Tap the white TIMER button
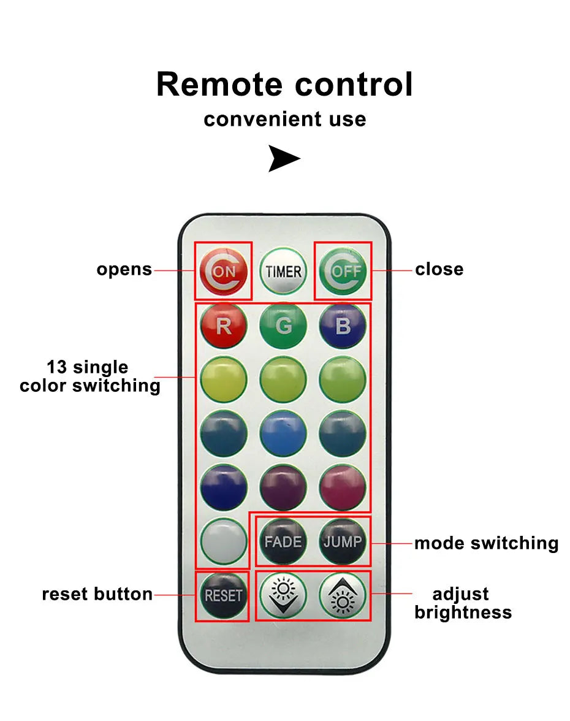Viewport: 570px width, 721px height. pyautogui.click(x=283, y=271)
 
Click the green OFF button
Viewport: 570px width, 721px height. pyautogui.click(x=343, y=271)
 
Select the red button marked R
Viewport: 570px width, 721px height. pyautogui.click(x=224, y=326)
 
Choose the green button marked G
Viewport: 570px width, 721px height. pyautogui.click(x=283, y=326)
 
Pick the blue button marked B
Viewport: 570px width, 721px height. pyautogui.click(x=343, y=326)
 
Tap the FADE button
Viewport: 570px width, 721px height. pyautogui.click(x=283, y=541)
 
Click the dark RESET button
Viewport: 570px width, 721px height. pyautogui.click(x=224, y=595)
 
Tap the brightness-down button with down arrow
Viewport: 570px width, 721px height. pyautogui.click(x=283, y=595)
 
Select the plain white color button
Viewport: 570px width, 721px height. pyautogui.click(x=224, y=541)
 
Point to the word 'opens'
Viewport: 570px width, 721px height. pyautogui.click(x=124, y=269)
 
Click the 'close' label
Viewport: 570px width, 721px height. pyautogui.click(x=439, y=269)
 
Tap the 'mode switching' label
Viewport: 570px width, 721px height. pyautogui.click(x=486, y=543)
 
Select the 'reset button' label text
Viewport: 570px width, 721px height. pyautogui.click(x=97, y=594)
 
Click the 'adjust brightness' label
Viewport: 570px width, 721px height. pyautogui.click(x=462, y=603)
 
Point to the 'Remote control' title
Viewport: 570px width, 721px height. pyautogui.click(x=284, y=84)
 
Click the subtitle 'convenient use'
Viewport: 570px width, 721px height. pyautogui.click(x=284, y=119)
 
